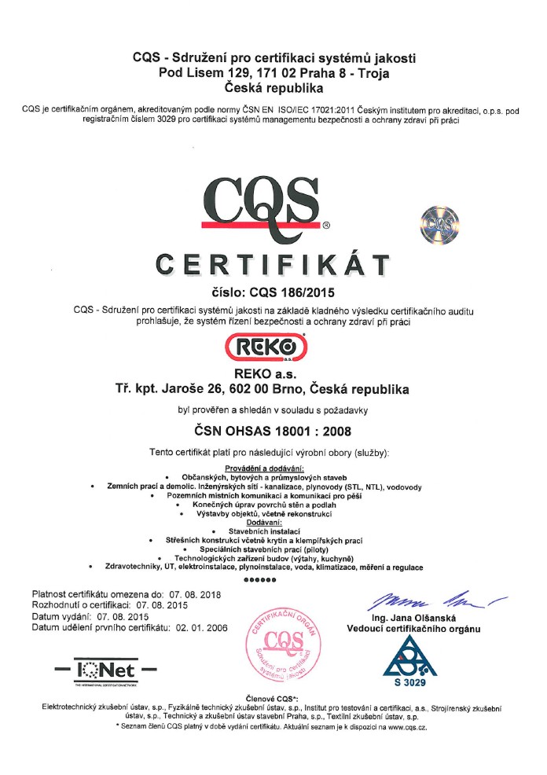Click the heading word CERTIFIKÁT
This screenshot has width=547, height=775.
(x=272, y=264)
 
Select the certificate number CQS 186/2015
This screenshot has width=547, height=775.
(x=273, y=290)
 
